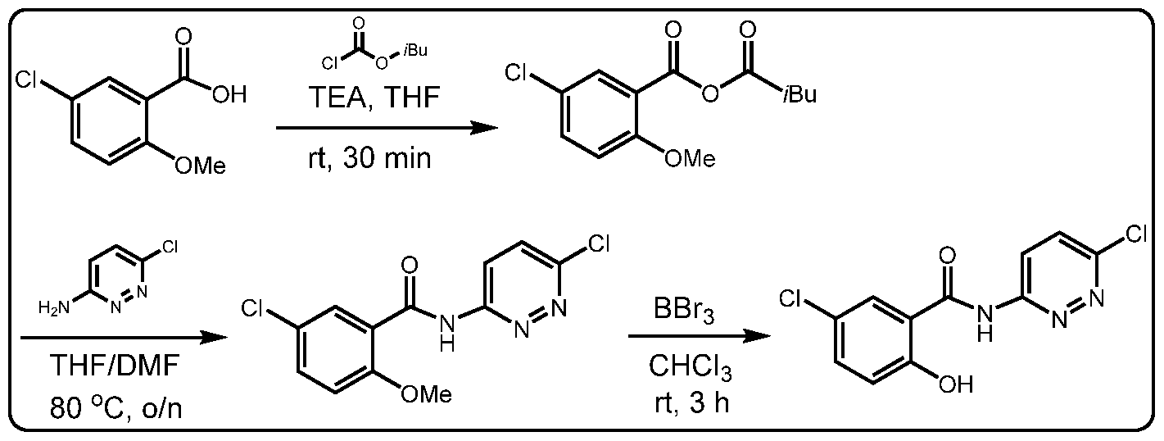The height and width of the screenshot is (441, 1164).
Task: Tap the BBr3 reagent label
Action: point(684,311)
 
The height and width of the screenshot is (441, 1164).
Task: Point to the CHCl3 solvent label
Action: point(690,368)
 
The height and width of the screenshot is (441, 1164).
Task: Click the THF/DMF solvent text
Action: point(114,366)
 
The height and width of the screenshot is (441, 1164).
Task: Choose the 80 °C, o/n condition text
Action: point(115,409)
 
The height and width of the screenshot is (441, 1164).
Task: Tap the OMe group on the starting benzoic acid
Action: point(201,166)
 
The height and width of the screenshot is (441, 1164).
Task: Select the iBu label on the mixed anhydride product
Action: point(800,93)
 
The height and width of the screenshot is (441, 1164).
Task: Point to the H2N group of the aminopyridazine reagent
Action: point(53,308)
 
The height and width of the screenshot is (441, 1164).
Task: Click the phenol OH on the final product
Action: point(955,384)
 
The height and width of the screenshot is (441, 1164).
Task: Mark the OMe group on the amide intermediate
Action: point(426,393)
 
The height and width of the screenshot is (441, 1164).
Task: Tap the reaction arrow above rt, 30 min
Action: point(387,127)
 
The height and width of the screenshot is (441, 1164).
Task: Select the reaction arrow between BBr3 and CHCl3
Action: point(700,337)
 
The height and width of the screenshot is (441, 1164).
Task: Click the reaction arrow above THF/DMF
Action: point(125,339)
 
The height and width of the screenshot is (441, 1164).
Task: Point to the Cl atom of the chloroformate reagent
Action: point(330,64)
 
